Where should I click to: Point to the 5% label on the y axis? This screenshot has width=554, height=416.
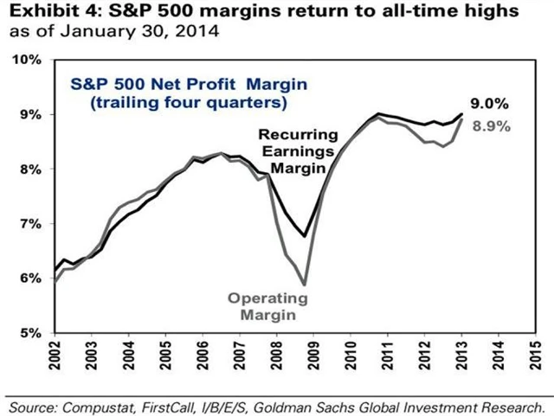[x=31, y=333]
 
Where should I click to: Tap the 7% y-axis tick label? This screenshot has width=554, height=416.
[x=31, y=224]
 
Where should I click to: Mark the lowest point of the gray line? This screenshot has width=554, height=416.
[x=304, y=284]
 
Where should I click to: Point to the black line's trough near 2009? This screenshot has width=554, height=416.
[x=304, y=236]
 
